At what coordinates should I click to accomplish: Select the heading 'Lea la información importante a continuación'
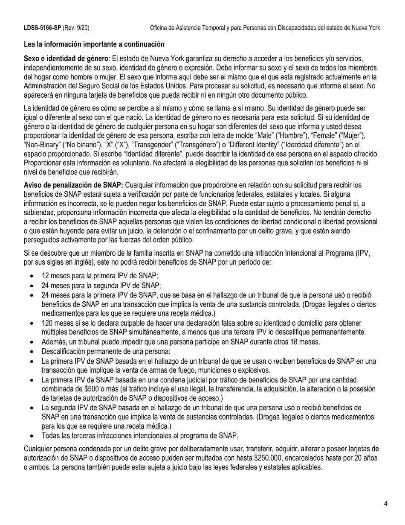click(94, 44)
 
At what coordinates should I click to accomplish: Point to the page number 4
click(385, 504)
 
